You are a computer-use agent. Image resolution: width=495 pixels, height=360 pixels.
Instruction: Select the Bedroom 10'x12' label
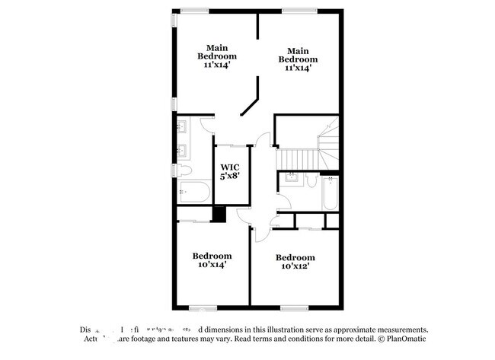point(295,262)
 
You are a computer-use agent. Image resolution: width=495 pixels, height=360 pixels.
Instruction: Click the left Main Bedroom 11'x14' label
point(217,56)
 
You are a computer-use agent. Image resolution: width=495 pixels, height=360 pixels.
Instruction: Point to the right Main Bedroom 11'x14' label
point(297,59)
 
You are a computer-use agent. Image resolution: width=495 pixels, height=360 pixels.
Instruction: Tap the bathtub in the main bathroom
point(193,192)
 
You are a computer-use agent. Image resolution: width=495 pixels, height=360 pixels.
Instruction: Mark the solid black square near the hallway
point(219,215)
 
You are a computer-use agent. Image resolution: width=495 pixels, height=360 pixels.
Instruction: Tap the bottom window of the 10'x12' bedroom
point(293,307)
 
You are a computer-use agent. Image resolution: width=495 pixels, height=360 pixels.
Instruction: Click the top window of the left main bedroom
point(195,10)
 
